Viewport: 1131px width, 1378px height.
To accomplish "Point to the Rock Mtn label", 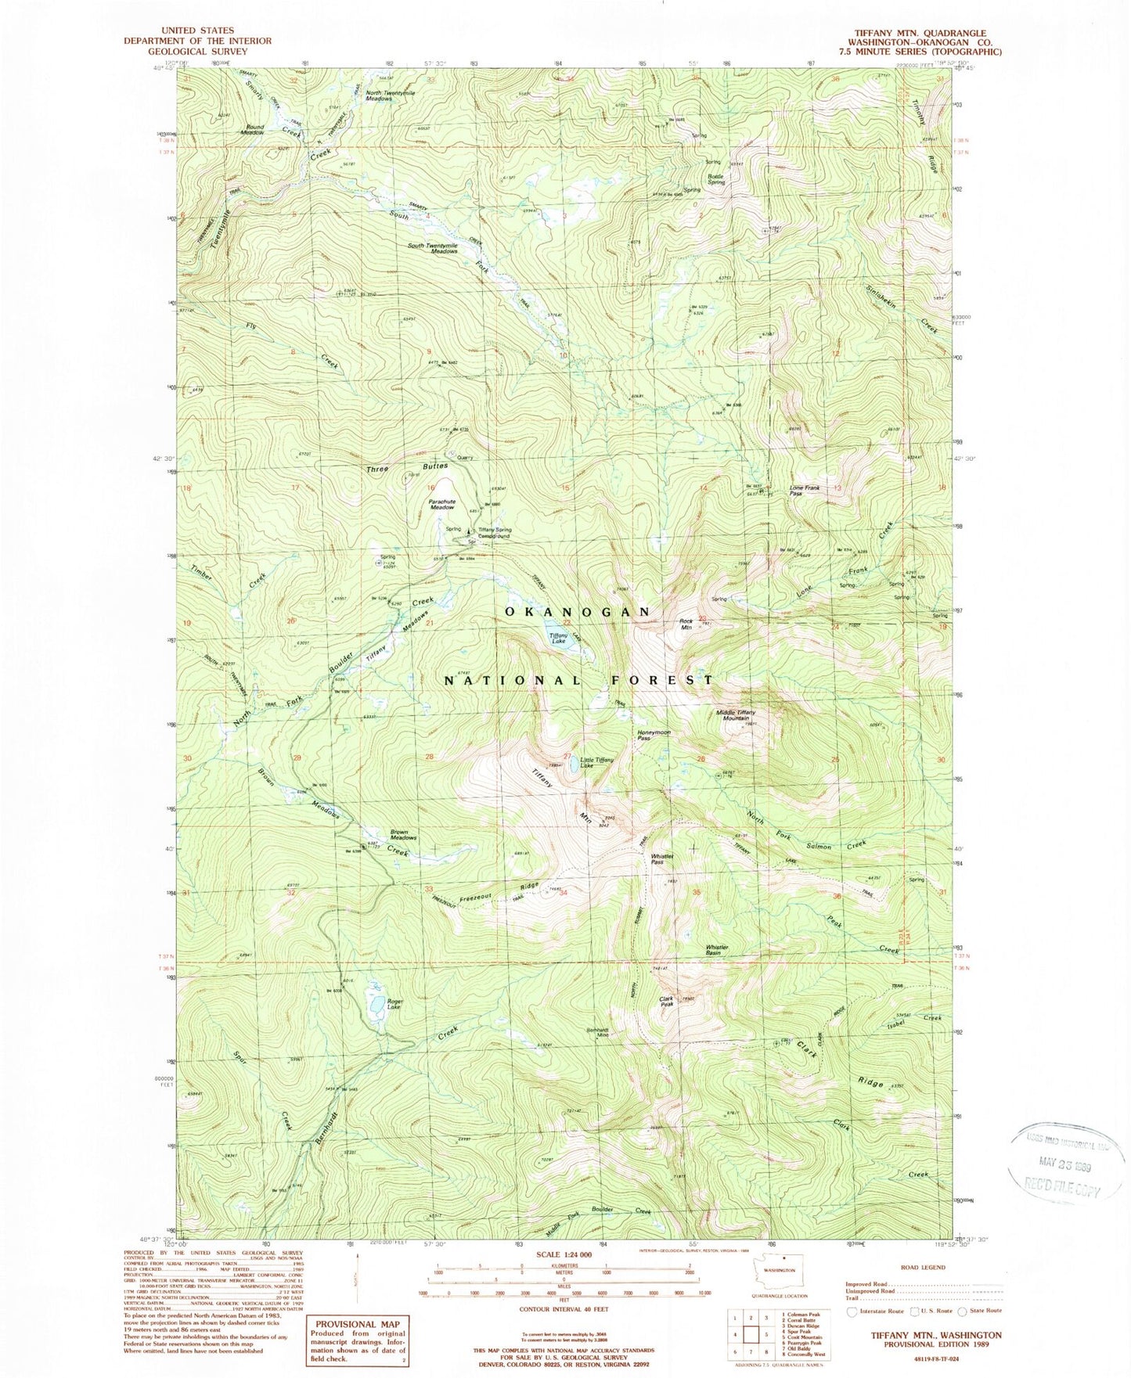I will click(x=686, y=624).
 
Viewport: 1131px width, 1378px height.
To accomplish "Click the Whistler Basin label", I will click(x=718, y=950).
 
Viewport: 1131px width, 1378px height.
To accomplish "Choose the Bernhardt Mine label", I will click(x=597, y=1033).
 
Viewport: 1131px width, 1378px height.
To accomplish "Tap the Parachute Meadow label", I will click(x=441, y=505).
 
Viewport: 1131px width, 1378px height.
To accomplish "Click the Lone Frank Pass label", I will click(x=804, y=491).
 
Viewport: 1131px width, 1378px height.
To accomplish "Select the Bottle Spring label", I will click(x=716, y=179).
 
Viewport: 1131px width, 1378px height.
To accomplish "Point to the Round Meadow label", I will click(x=254, y=130).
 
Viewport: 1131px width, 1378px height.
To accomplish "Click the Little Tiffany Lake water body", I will click(x=575, y=768).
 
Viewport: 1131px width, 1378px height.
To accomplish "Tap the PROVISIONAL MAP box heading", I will click(x=357, y=1324).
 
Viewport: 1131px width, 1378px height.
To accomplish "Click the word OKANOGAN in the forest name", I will click(x=577, y=611).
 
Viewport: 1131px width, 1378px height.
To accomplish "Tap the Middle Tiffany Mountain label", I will click(x=736, y=715).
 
